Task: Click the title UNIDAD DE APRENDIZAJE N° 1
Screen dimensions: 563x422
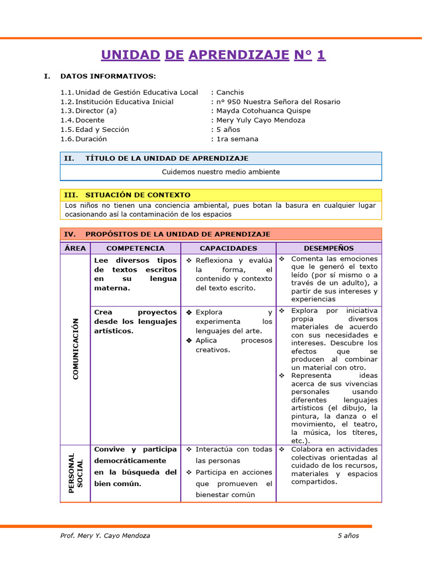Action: click(x=213, y=54)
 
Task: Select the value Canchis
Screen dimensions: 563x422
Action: click(x=230, y=92)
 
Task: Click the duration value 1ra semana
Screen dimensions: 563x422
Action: click(x=237, y=139)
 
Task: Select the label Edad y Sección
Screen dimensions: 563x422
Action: click(x=102, y=130)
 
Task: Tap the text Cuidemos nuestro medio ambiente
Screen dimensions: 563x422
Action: click(x=220, y=172)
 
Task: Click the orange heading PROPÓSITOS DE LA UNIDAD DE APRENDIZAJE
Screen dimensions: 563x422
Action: click(x=177, y=234)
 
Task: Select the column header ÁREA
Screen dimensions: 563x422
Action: click(x=75, y=249)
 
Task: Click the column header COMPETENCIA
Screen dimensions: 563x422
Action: click(x=135, y=249)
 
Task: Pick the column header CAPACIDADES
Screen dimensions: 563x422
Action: click(x=228, y=249)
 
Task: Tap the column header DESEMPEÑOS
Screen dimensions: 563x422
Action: click(x=329, y=249)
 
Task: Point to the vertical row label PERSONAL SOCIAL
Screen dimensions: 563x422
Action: click(x=76, y=473)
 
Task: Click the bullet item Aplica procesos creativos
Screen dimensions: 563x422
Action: click(x=234, y=345)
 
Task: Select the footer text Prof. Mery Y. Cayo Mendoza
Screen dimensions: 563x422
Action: click(x=105, y=536)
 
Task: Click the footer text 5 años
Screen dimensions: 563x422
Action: click(x=348, y=536)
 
